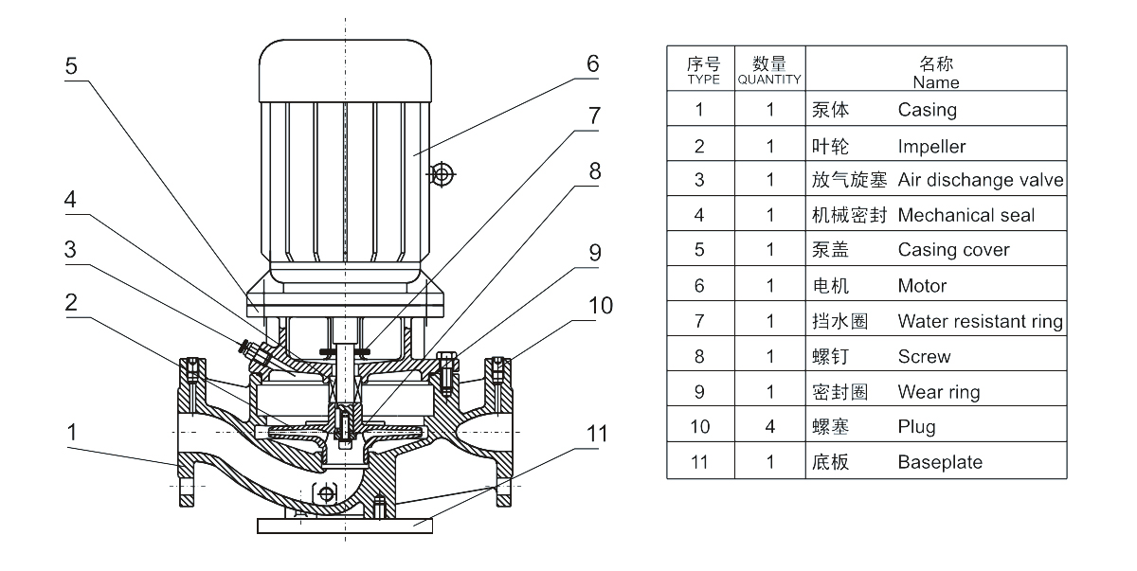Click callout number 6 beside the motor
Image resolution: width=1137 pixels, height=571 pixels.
[x=592, y=64]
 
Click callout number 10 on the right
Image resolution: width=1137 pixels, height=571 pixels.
[x=600, y=306]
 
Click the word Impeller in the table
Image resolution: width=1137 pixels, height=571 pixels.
[x=931, y=145]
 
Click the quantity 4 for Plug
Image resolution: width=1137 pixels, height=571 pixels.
[x=770, y=427]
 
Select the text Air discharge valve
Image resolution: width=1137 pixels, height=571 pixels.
[x=981, y=180]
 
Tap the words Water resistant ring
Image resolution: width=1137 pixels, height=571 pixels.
[x=980, y=321]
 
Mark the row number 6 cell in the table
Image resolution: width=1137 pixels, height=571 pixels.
[x=700, y=286]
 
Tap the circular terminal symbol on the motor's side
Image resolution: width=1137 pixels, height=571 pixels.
[x=441, y=173]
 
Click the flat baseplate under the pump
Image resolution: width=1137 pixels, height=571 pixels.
[x=346, y=522]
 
